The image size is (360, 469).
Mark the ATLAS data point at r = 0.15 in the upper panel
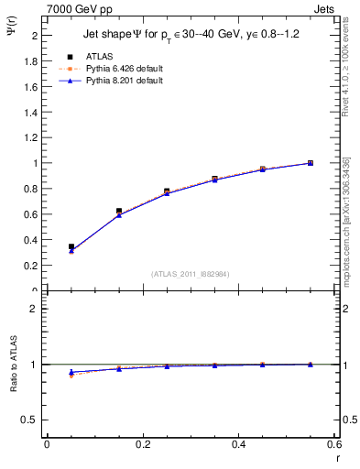click(119, 212)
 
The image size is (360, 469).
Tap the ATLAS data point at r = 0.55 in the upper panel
click(311, 163)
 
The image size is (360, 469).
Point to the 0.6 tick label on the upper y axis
click(31, 214)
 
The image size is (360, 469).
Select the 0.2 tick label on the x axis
click(142, 444)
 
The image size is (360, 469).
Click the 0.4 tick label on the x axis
click(238, 444)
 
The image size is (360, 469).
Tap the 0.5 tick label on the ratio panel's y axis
click(31, 420)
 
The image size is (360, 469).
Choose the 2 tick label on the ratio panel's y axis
click(35, 309)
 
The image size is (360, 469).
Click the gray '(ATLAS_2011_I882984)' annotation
click(190, 274)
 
